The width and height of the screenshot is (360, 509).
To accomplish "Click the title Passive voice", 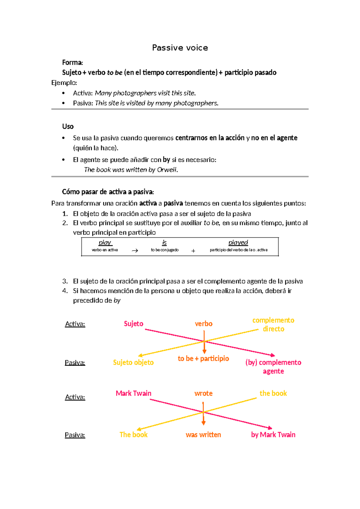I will pyautogui.click(x=180, y=48).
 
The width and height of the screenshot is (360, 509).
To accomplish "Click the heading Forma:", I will pyautogui.click(x=72, y=62).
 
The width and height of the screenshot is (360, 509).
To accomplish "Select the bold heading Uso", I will pyautogui.click(x=68, y=126).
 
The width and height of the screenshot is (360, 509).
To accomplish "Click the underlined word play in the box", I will pyautogui.click(x=105, y=242).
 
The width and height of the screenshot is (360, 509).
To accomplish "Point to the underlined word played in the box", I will pyautogui.click(x=238, y=242).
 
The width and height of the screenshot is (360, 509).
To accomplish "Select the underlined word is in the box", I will pyautogui.click(x=164, y=242).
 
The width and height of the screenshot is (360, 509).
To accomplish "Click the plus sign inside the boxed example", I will pyautogui.click(x=193, y=251).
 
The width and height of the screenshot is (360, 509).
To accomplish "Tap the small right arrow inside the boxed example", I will pyautogui.click(x=135, y=251).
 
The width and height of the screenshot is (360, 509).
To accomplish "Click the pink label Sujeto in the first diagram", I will pyautogui.click(x=133, y=324).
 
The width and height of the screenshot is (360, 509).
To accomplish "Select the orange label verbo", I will pyautogui.click(x=204, y=324).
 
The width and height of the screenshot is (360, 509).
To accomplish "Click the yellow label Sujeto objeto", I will pyautogui.click(x=133, y=363).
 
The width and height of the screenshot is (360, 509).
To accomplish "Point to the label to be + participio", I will pyautogui.click(x=203, y=359).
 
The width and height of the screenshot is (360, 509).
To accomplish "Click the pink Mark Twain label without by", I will pyautogui.click(x=133, y=393).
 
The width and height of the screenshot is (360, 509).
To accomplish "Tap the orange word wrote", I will pyautogui.click(x=203, y=393).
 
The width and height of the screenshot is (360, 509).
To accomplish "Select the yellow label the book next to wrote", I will pyautogui.click(x=273, y=393).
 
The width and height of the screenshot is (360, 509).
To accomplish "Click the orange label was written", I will pyautogui.click(x=203, y=435).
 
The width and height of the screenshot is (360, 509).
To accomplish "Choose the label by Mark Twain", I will pyautogui.click(x=273, y=435).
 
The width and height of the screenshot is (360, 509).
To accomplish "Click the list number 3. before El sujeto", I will pyautogui.click(x=65, y=282).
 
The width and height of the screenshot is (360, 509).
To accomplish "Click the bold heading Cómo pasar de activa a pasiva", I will pyautogui.click(x=108, y=192).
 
